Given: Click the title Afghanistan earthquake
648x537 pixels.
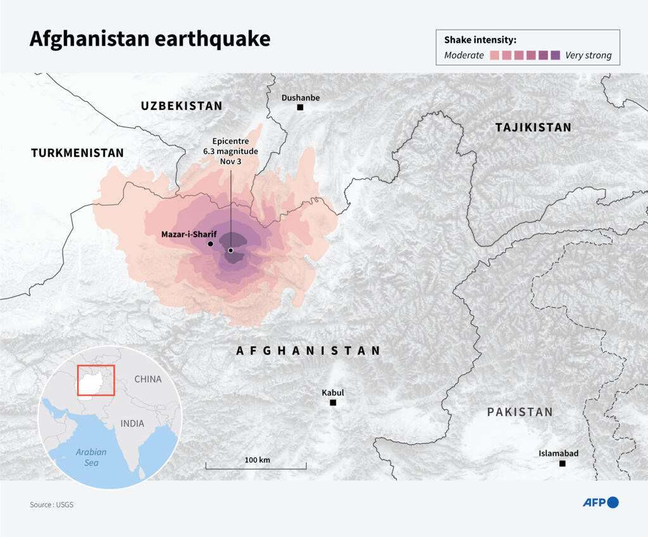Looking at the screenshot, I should pyautogui.click(x=149, y=39).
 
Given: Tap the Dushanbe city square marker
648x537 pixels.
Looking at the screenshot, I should pyautogui.click(x=300, y=108).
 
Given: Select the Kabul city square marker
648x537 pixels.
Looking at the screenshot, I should pyautogui.click(x=333, y=403).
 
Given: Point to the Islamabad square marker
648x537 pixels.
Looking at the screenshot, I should pyautogui.click(x=562, y=464).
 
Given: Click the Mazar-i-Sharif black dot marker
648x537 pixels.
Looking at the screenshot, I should pyautogui.click(x=210, y=244).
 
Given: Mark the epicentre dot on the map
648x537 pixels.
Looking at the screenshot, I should pyautogui.click(x=231, y=250).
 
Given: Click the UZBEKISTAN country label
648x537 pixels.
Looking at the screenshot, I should pyautogui.click(x=182, y=106).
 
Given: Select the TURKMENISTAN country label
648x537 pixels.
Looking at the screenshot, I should pyautogui.click(x=77, y=153).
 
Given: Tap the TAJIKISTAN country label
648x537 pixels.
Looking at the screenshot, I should pyautogui.click(x=533, y=128).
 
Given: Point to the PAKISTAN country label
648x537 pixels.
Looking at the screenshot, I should pyautogui.click(x=520, y=412).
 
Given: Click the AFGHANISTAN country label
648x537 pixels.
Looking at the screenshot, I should pyautogui.click(x=308, y=351).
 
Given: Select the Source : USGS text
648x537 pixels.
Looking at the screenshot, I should pyautogui.click(x=51, y=505).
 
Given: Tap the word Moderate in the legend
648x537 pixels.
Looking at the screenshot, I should pyautogui.click(x=464, y=56).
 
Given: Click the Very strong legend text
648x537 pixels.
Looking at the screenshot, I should pyautogui.click(x=588, y=56).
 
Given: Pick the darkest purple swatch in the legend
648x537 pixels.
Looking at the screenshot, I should pyautogui.click(x=555, y=55).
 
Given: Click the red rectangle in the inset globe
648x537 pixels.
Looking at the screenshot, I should pyautogui.click(x=96, y=380).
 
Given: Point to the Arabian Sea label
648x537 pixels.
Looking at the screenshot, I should pyautogui.click(x=91, y=457).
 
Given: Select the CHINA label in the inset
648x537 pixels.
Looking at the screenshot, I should pyautogui.click(x=147, y=380).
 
